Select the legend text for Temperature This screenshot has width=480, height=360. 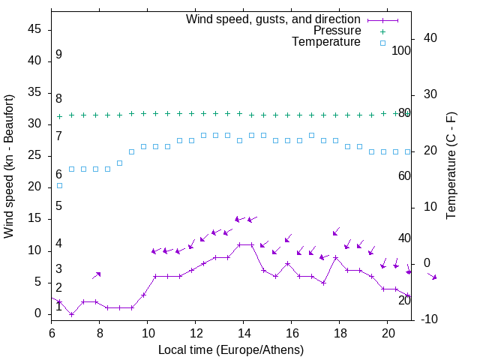[326, 43]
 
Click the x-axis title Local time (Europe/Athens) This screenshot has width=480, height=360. [231, 350]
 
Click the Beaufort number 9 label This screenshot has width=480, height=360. [58, 55]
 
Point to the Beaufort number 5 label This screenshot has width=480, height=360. [58, 206]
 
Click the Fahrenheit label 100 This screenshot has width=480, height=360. [402, 51]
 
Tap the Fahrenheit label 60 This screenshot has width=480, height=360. [404, 175]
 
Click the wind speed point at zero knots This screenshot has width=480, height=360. [71, 314]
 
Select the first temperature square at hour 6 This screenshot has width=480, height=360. [59, 185]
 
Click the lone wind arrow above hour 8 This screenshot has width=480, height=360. [96, 275]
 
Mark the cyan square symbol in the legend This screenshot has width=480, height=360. [382, 43]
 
